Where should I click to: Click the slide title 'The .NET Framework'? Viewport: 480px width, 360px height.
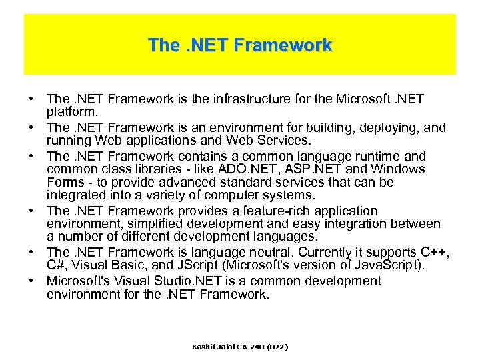pos(240,45)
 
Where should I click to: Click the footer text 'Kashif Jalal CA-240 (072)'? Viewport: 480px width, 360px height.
pos(240,347)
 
